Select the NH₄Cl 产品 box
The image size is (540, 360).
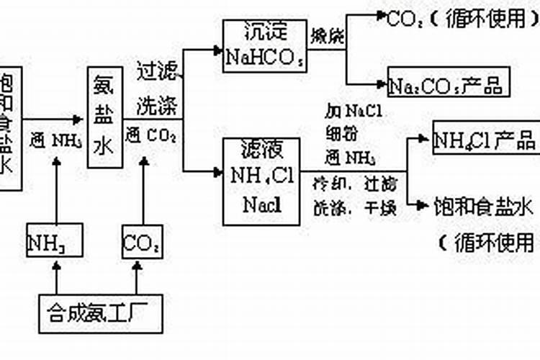(485, 138)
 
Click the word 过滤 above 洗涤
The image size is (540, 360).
(156, 71)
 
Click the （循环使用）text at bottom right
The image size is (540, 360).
(487, 242)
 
